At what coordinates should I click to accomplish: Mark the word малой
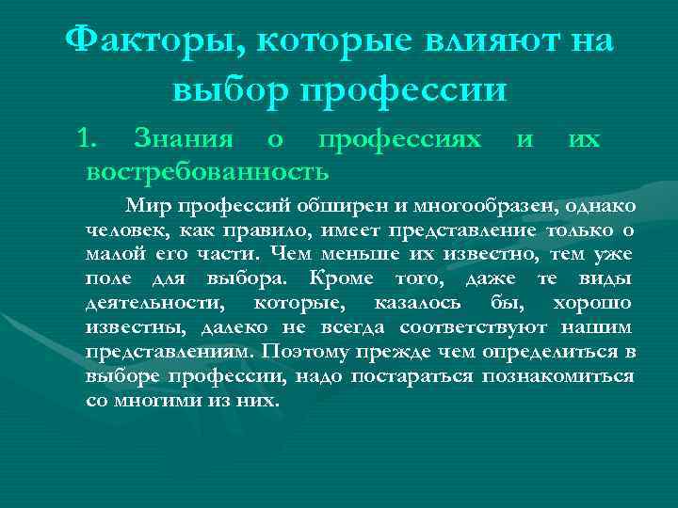pos(114,255)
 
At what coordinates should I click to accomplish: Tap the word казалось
pos(417,304)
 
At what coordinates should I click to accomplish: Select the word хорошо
pos(593,304)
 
